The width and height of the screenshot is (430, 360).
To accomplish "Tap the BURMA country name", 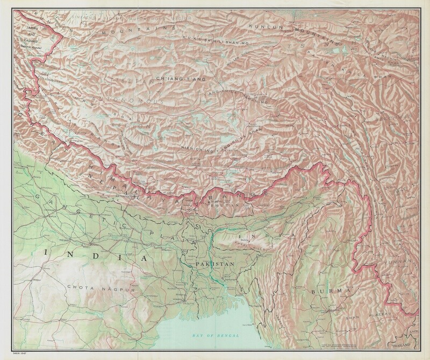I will point(326,291).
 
